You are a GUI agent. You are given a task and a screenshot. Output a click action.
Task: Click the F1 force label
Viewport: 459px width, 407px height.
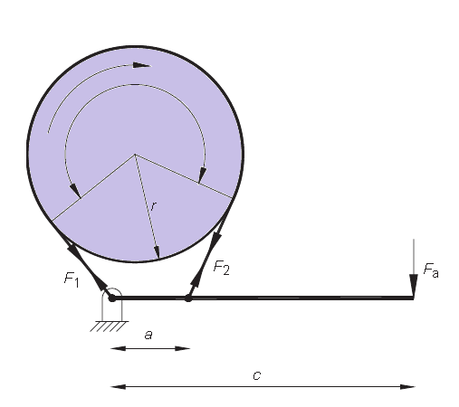[72, 280]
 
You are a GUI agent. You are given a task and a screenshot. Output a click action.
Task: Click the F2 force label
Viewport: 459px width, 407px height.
[222, 267]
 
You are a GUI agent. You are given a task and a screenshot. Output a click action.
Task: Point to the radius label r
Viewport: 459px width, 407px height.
[153, 207]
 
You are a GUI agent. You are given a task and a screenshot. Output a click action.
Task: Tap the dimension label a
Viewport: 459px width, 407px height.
[148, 334]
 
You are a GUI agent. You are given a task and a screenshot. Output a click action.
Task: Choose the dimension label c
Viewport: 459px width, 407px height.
[256, 373]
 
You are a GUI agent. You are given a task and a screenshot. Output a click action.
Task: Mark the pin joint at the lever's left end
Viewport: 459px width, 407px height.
[112, 297]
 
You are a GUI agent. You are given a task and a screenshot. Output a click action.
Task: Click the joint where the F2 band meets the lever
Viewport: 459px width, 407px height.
[188, 297]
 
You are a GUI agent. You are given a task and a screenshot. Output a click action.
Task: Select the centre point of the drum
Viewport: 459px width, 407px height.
[135, 155]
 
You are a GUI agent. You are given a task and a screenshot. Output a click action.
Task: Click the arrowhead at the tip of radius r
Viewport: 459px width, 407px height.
[157, 255]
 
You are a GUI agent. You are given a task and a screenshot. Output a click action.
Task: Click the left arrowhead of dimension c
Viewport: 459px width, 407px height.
[116, 387]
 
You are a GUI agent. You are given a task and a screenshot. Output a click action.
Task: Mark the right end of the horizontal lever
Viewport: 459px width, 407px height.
[413, 297]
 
